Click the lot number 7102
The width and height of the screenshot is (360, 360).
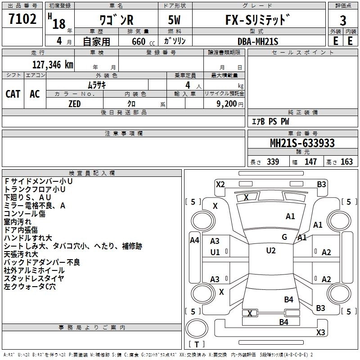(x=22, y=20)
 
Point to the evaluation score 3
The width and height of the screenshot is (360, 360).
(x=343, y=21)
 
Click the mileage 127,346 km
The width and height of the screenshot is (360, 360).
(x=53, y=64)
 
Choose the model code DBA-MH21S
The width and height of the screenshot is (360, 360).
(x=258, y=41)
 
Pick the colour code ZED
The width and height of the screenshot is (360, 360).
(x=74, y=103)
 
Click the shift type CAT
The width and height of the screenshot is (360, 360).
(x=13, y=94)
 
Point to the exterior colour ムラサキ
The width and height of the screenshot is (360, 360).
(x=96, y=85)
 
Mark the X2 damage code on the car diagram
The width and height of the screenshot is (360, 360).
(x=220, y=184)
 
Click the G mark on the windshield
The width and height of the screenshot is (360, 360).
(x=284, y=237)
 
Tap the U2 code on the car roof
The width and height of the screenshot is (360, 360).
(x=270, y=251)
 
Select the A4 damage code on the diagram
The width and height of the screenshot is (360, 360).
(x=194, y=240)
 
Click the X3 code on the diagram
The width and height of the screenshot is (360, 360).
(x=320, y=333)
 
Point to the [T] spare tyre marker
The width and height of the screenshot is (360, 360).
(x=196, y=345)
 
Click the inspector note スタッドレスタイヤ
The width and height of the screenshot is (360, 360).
(x=34, y=279)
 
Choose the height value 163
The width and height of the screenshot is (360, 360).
(x=346, y=162)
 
